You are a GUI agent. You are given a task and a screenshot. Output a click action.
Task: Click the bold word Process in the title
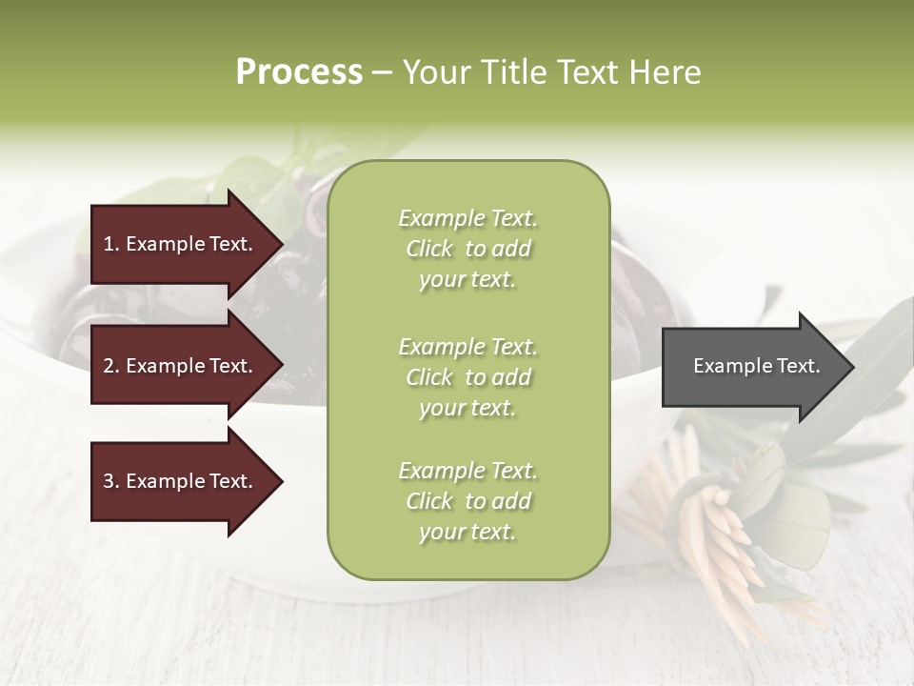(299, 72)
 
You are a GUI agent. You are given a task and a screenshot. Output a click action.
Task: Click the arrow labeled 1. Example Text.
(181, 244)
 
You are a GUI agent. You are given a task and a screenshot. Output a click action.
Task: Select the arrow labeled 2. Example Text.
(181, 366)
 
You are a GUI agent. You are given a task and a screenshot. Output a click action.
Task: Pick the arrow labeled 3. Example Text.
(181, 481)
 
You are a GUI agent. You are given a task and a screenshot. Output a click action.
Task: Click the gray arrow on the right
(752, 367)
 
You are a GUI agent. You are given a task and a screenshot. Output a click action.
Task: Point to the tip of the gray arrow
(851, 367)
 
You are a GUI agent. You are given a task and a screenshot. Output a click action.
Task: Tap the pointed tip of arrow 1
(280, 245)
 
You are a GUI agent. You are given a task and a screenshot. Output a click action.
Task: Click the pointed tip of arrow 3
(280, 482)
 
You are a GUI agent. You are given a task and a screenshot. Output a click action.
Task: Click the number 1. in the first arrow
(111, 244)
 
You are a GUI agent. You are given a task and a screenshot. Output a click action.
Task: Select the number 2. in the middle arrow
(111, 366)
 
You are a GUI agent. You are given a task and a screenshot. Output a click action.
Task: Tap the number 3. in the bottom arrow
(111, 481)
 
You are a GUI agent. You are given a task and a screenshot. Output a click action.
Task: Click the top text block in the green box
(467, 249)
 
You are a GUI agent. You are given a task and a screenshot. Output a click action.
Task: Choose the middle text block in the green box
(467, 377)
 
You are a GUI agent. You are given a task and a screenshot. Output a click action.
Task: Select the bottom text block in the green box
(467, 501)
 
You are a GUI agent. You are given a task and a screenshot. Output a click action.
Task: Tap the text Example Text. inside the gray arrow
(756, 366)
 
